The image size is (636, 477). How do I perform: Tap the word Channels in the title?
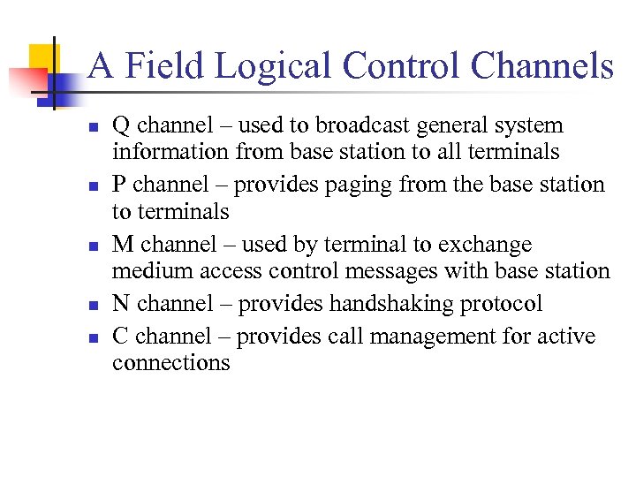point(541,66)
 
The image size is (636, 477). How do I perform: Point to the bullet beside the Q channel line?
point(92,127)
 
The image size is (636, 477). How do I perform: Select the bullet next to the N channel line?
point(92,306)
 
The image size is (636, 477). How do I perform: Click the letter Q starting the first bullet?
point(121,126)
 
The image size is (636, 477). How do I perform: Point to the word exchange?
point(489,245)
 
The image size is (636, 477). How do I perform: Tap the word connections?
point(170,362)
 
